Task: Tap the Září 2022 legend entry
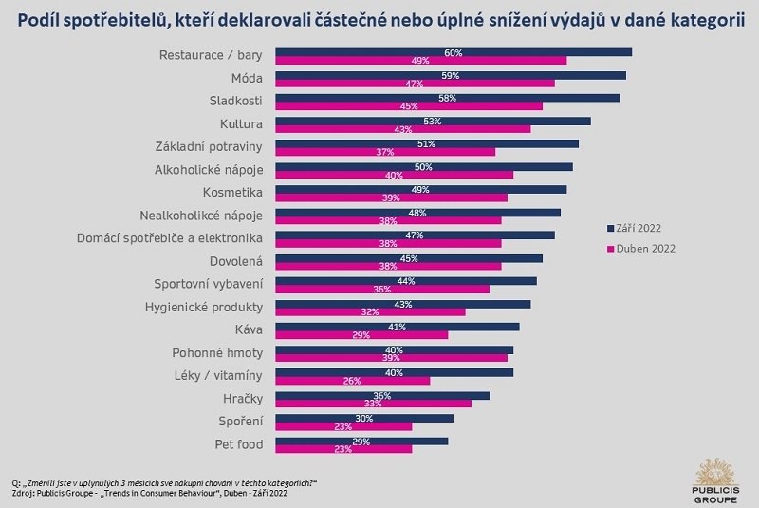634,228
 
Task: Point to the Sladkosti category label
235,101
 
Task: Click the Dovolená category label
235,260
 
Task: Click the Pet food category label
238,443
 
